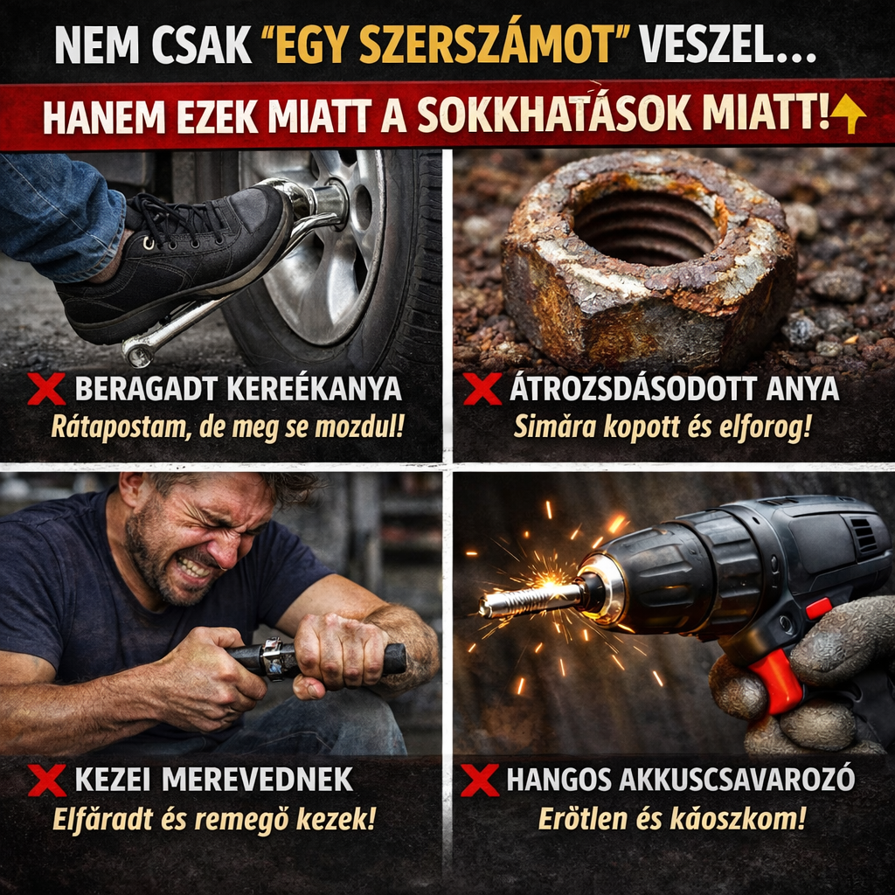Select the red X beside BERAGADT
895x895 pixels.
(x=45, y=389)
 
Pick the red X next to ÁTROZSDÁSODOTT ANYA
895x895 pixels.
(x=482, y=389)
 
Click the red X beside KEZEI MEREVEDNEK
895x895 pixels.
(x=46, y=780)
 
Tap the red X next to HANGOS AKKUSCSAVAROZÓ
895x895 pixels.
(x=480, y=780)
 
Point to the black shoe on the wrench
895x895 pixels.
(x=175, y=262)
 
